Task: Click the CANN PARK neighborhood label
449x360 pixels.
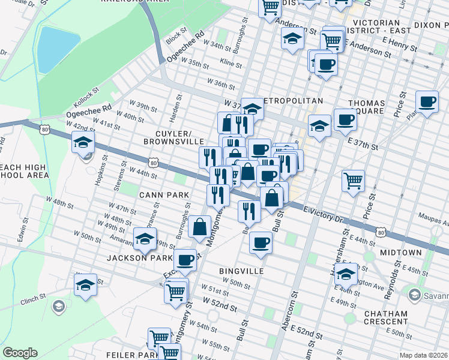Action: pyautogui.click(x=164, y=195)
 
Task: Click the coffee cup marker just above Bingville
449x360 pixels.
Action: pyautogui.click(x=261, y=242)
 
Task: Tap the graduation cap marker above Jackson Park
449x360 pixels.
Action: pyautogui.click(x=144, y=238)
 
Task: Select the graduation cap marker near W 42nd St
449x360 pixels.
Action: pyautogui.click(x=83, y=142)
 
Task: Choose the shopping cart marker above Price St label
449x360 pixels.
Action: pyautogui.click(x=354, y=179)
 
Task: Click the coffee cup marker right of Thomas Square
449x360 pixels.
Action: pyautogui.click(x=427, y=101)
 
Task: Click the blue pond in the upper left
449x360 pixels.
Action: pyautogui.click(x=58, y=48)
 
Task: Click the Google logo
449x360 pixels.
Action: pyautogui.click(x=20, y=353)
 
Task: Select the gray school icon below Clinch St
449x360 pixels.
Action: pyautogui.click(x=58, y=307)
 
